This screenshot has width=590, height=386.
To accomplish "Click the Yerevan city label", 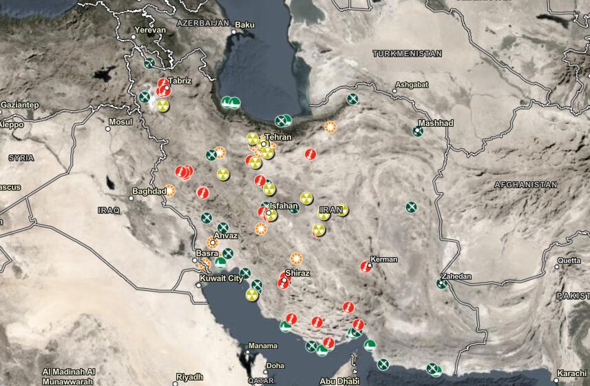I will click(x=151, y=30).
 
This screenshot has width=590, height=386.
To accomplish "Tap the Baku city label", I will click(x=244, y=25).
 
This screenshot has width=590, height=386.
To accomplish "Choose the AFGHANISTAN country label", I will click(x=525, y=185).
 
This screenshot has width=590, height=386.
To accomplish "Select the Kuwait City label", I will click(x=221, y=278).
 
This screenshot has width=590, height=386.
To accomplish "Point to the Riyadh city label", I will click(x=189, y=377).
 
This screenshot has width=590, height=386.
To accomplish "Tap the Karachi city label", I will click(x=573, y=373).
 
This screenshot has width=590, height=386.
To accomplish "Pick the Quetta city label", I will click(x=569, y=261).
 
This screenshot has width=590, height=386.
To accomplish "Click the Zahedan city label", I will click(x=456, y=276).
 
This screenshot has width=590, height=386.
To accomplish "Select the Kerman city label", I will click(x=385, y=259).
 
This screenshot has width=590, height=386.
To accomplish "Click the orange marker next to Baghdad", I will click(x=169, y=190).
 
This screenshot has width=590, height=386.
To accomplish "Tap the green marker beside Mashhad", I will click(x=418, y=131).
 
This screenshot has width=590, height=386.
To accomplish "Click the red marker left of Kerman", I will click(x=366, y=266).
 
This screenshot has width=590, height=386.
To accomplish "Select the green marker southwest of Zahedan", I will click(x=441, y=283).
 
